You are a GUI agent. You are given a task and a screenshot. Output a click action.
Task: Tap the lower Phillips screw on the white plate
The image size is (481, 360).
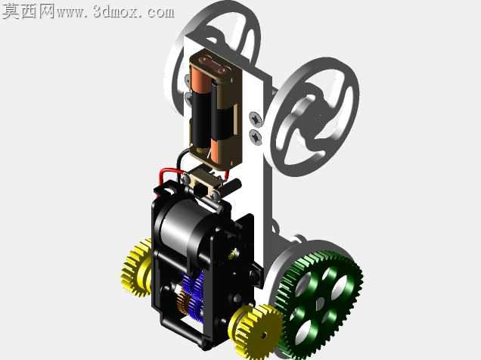tap(256, 137)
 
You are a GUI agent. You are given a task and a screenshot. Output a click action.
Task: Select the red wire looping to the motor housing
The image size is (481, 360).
tap(169, 175)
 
